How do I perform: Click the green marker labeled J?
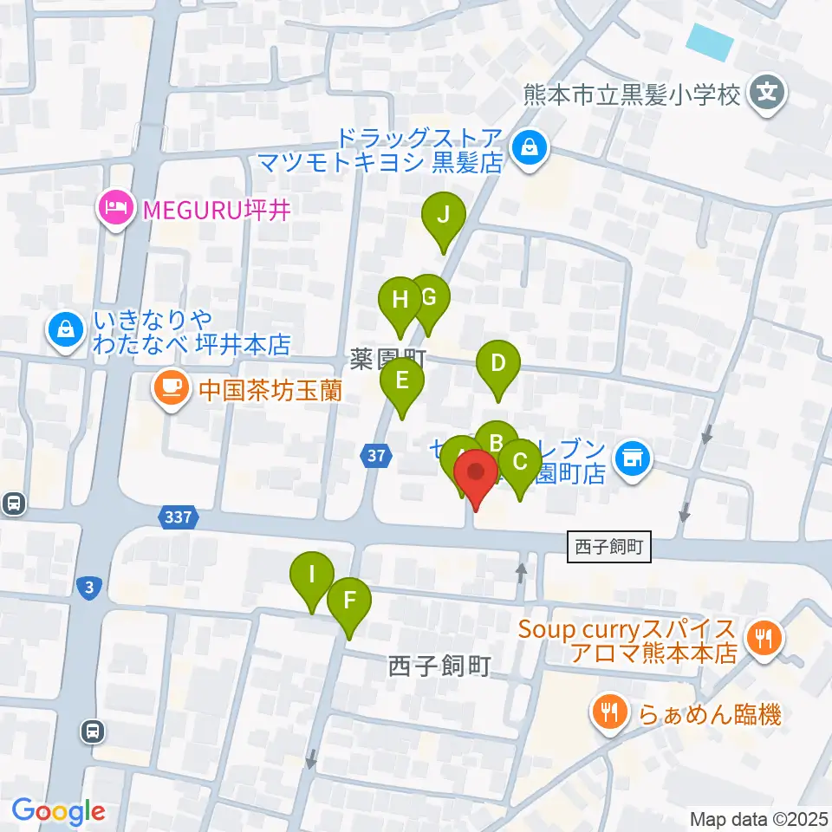pos(443,215)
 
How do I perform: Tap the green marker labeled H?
pos(400,301)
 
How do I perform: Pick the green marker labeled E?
pos(401,382)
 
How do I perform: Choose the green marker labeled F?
pos(349,601)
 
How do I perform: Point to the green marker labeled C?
pos(520,463)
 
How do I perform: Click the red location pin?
pos(476,475)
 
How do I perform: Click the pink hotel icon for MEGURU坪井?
pos(114,208)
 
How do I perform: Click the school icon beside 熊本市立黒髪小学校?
pos(767,92)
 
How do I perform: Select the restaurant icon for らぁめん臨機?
pos(611,713)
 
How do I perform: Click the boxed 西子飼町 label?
pos(608,548)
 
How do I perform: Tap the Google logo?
pos(58,811)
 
